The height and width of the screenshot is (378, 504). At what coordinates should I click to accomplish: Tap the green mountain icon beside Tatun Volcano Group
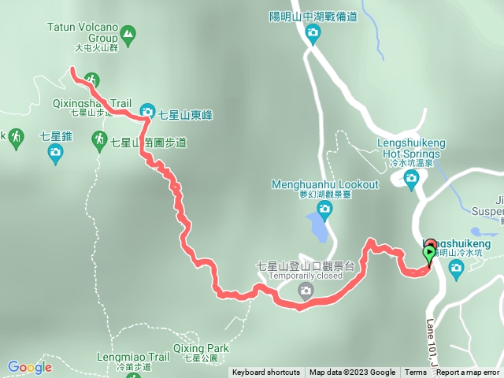(128, 33)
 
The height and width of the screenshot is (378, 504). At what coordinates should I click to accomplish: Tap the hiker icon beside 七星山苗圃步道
(99, 141)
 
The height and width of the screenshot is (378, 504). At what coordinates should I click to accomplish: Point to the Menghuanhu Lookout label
(324, 184)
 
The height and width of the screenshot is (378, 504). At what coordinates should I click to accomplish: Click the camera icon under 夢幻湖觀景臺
(324, 209)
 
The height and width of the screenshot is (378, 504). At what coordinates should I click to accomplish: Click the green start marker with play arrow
(429, 254)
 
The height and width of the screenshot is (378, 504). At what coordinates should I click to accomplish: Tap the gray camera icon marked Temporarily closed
(305, 292)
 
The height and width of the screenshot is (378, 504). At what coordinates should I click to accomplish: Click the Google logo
(30, 367)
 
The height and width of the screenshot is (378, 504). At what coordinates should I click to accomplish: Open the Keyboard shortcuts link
(265, 372)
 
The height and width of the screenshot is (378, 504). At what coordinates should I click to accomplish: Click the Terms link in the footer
(415, 372)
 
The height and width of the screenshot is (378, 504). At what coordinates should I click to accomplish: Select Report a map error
(468, 372)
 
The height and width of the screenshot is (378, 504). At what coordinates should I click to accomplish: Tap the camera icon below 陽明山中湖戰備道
(313, 33)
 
